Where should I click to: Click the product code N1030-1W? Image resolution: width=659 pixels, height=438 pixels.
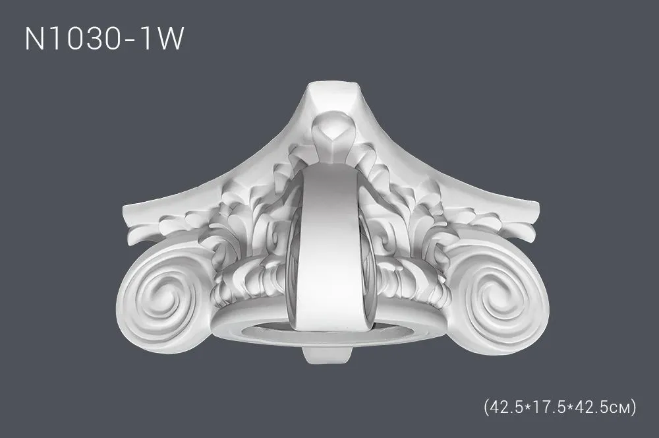tap(104, 39)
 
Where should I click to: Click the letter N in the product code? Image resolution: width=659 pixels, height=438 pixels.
tap(34, 39)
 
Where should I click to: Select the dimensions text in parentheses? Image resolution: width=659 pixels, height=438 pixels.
tap(559, 407)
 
